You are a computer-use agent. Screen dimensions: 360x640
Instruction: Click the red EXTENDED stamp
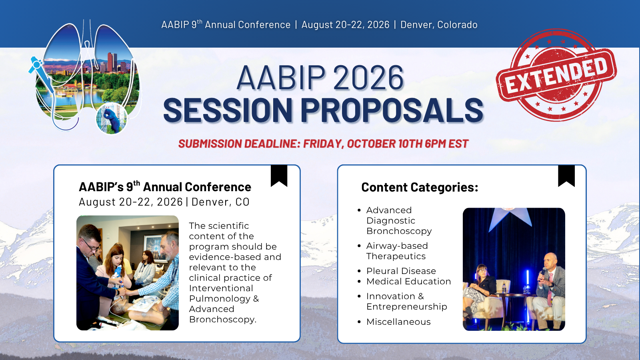pos(556,75)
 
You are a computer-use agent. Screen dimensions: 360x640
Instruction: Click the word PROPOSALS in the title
pos(392,110)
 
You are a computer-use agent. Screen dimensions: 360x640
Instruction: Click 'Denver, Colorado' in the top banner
pos(439,25)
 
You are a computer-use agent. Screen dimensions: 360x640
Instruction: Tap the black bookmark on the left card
pos(279,175)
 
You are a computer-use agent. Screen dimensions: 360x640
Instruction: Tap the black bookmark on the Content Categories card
pos(566,175)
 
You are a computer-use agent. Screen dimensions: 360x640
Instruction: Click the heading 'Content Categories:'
pos(420,187)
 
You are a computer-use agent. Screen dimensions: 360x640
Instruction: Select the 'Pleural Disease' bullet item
pos(401,271)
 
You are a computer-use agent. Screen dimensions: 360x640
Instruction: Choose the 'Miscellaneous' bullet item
pos(398,322)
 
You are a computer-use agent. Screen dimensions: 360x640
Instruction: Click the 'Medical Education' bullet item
pos(408,282)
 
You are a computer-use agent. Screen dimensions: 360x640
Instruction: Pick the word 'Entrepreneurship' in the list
pos(406,307)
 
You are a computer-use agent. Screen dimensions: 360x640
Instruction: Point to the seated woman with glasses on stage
pos(481,286)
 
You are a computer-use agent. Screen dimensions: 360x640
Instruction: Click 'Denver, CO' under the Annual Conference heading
pos(220,202)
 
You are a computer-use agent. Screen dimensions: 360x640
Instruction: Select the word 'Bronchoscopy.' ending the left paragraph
pos(222,320)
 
